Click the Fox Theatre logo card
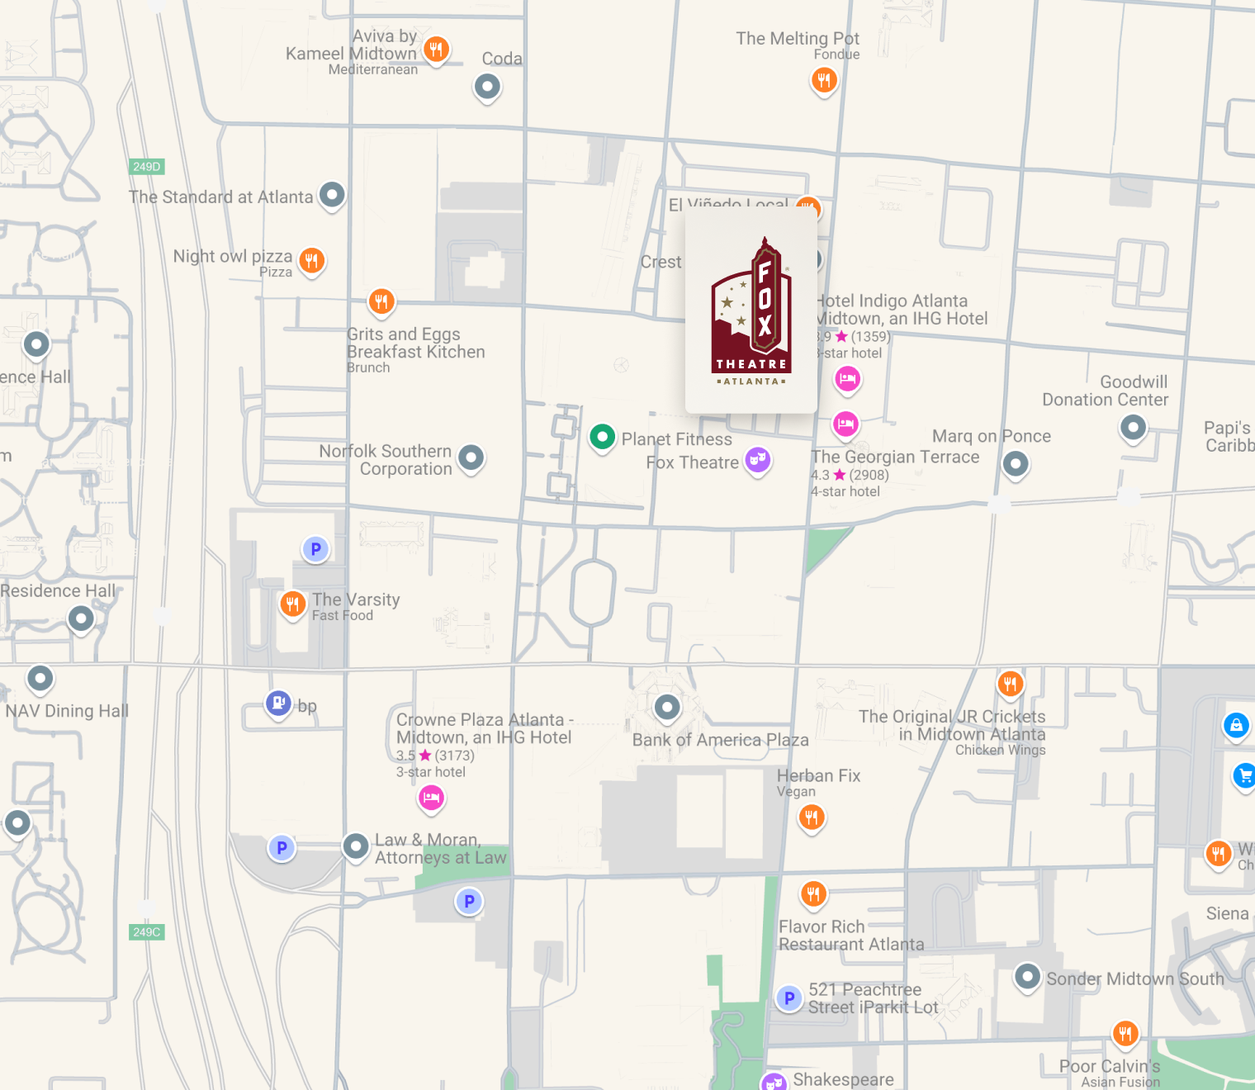click(x=751, y=312)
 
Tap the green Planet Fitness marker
click(x=602, y=436)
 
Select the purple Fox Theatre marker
click(x=757, y=459)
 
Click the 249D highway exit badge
click(x=147, y=167)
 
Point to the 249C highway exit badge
click(x=147, y=932)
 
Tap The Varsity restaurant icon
click(x=292, y=604)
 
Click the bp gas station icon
click(x=278, y=704)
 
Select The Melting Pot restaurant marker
click(x=823, y=80)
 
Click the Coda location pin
click(x=487, y=86)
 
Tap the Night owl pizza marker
click(x=311, y=261)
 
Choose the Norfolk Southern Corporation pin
click(x=471, y=457)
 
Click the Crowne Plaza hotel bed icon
click(x=431, y=797)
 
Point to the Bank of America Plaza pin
click(x=667, y=707)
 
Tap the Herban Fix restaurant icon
click(x=812, y=817)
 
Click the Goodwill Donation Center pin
click(x=1133, y=427)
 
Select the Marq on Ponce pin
click(x=1016, y=463)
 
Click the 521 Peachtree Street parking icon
click(x=789, y=998)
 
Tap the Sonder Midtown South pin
click(x=1027, y=977)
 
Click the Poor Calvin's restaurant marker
click(x=1125, y=1033)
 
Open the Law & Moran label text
click(x=440, y=849)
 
